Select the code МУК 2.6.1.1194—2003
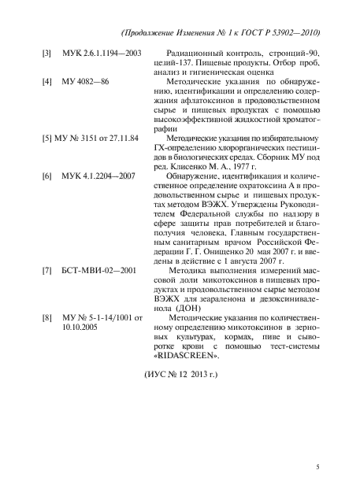click(101, 54)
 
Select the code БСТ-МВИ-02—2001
click(98, 293)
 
